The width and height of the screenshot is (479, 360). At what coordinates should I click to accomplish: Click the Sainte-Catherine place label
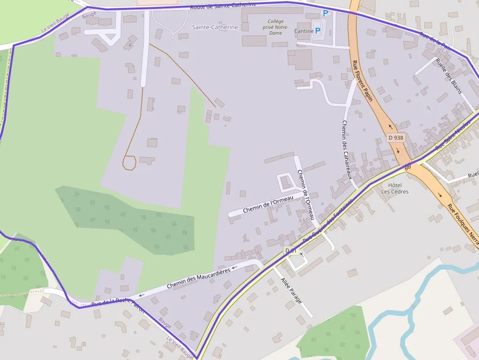tap(215, 27)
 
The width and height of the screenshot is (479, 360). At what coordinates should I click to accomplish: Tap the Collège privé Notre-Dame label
tap(278, 27)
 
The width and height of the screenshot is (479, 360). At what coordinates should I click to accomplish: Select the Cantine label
tap(304, 31)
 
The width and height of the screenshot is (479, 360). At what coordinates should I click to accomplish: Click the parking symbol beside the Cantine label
tap(318, 31)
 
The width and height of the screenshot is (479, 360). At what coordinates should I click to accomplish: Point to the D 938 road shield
tap(396, 138)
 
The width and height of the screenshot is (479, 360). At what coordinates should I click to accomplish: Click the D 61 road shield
tap(291, 251)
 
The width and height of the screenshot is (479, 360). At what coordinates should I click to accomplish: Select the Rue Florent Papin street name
tap(362, 81)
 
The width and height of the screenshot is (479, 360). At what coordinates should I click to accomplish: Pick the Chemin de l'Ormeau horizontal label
tap(267, 203)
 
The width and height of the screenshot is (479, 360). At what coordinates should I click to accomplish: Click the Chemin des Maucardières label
tap(198, 278)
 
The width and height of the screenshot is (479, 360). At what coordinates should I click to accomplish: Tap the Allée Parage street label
tap(291, 290)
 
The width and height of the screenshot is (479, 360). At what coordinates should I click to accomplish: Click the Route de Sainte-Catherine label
tap(223, 5)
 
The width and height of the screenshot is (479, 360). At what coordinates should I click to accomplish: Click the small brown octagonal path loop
tap(129, 163)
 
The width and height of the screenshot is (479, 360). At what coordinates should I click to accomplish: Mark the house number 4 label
tap(130, 45)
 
